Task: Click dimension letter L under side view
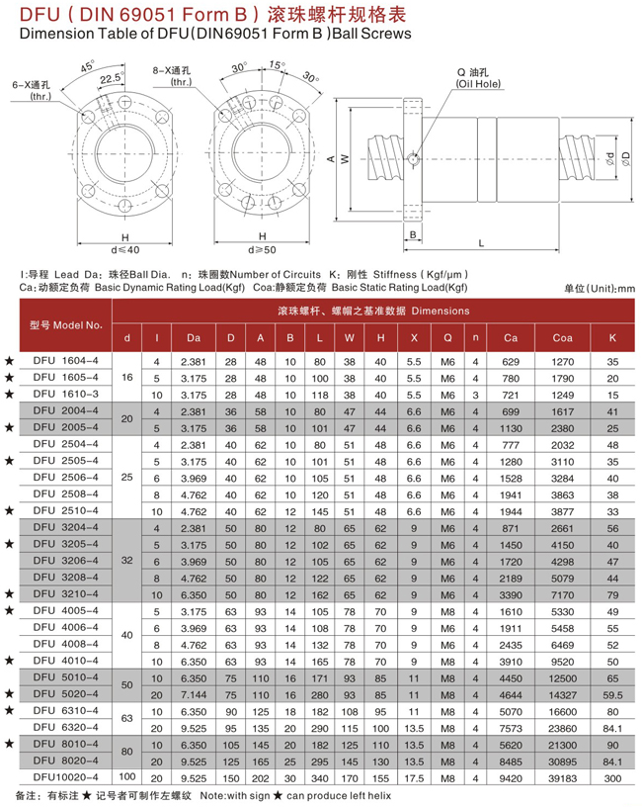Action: [x=479, y=242]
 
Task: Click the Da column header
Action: [x=192, y=338]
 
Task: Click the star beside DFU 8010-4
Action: [x=10, y=742]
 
